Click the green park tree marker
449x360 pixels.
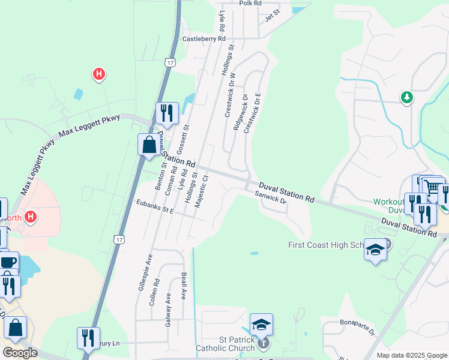[407, 97]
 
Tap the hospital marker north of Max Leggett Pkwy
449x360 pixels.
[99, 74]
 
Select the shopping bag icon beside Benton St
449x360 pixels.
[148, 145]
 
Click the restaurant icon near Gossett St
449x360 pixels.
[166, 113]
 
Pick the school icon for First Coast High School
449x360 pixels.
[375, 250]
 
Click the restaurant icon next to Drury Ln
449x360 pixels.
[88, 338]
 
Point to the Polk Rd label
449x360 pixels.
[250, 3]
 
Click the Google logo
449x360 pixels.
[20, 353]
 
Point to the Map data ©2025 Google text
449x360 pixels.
[411, 355]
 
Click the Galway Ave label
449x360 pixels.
[168, 309]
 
